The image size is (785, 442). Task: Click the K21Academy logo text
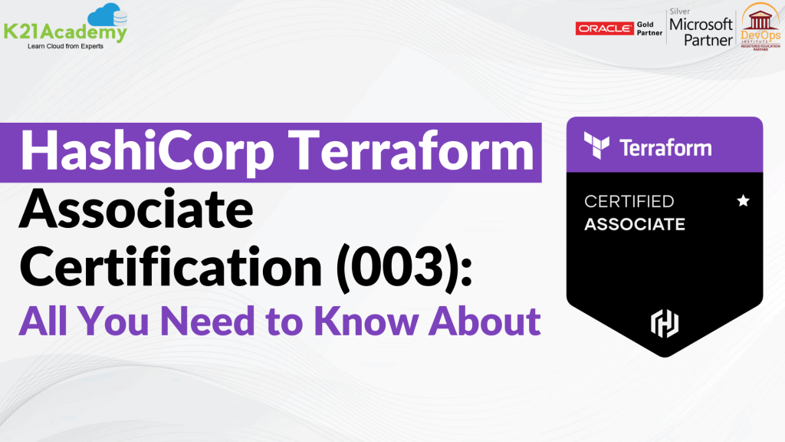pos(64,32)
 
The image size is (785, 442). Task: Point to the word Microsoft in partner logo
pos(700,24)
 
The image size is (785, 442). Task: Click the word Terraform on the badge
pos(665,147)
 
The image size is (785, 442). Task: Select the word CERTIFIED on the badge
pos(629,202)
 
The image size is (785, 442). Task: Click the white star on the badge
pos(742,201)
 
